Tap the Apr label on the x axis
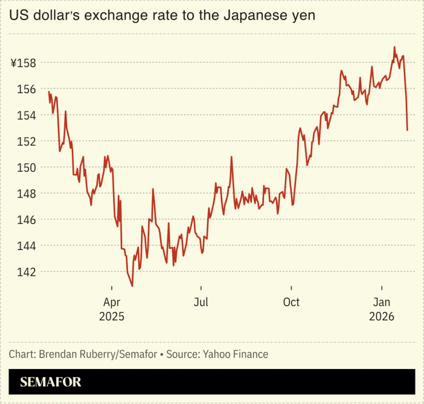[111, 302]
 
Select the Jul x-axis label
[201, 302]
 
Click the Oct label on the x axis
[291, 302]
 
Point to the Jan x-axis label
[382, 302]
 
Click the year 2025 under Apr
[111, 317]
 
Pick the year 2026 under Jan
[382, 317]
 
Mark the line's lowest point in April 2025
[133, 286]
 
